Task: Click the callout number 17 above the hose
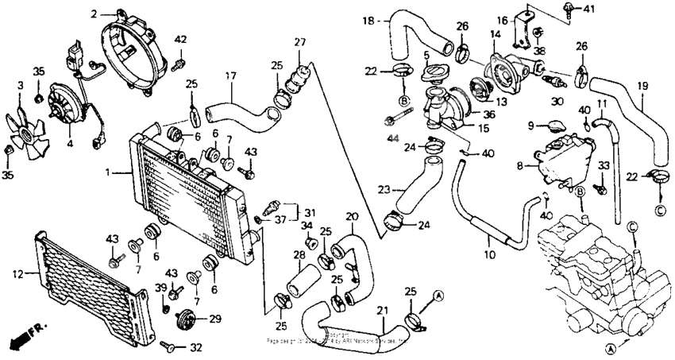point(231,76)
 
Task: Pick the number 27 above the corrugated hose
point(299,42)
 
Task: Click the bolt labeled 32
point(169,346)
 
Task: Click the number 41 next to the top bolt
point(588,10)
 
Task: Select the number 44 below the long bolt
point(391,140)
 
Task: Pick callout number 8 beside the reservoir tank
point(520,168)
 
